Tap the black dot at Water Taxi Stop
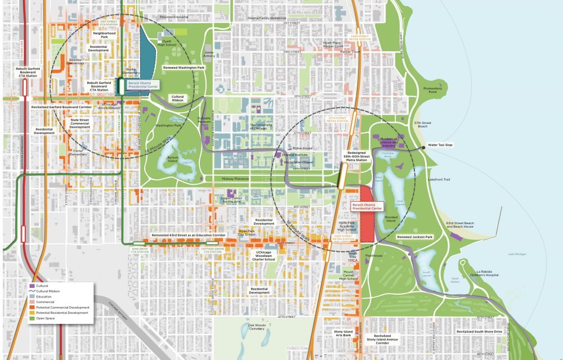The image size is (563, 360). click(x=425, y=147)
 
